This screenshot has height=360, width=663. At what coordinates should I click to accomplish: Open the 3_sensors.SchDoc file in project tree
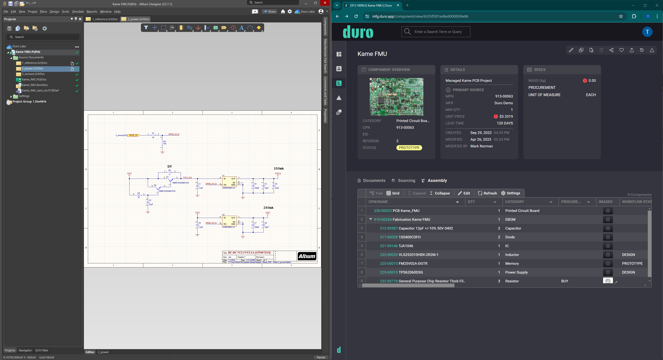coord(33,74)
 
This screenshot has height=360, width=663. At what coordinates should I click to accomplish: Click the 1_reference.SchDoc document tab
coord(105,19)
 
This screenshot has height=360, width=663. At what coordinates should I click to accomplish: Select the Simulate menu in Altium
coord(78,12)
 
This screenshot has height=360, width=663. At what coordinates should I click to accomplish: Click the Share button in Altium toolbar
coord(270,12)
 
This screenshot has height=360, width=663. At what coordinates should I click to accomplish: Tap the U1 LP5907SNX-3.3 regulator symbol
coord(229,182)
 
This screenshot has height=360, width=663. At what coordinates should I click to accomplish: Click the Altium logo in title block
coord(306,256)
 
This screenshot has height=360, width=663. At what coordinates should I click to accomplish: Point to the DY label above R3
coord(169,167)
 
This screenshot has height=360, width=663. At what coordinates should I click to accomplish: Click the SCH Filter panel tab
coord(42,350)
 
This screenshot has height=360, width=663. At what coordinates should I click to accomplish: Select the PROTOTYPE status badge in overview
coord(409,148)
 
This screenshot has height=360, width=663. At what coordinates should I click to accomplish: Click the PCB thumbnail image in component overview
coord(396,97)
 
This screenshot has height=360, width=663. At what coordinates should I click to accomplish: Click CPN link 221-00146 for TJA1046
coord(388,246)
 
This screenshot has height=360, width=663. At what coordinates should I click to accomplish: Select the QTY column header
coord(471,202)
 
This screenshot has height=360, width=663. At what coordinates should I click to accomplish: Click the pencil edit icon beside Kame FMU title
coord(571,50)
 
